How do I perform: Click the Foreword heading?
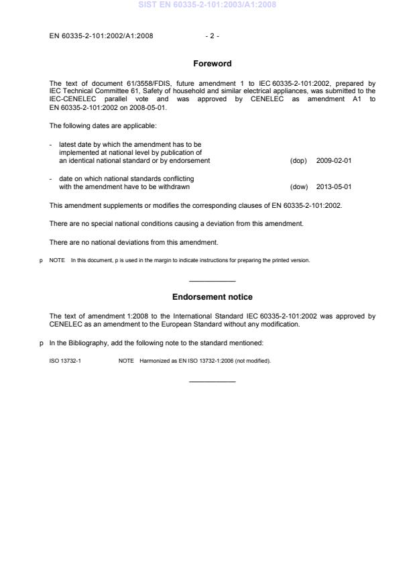click(x=213, y=64)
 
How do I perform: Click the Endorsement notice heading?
click(x=213, y=296)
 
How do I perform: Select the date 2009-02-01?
click(x=334, y=161)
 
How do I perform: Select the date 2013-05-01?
click(x=334, y=187)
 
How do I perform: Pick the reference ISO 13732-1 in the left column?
click(x=65, y=361)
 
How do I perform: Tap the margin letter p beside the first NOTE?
click(x=42, y=260)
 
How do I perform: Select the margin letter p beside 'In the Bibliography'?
click(x=42, y=343)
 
